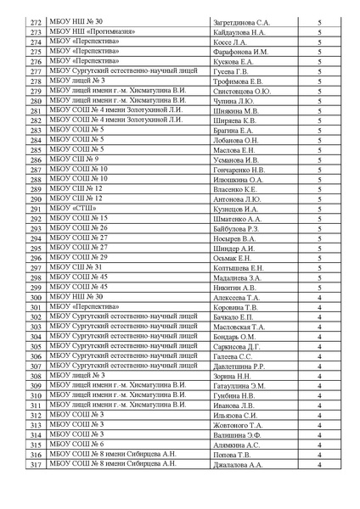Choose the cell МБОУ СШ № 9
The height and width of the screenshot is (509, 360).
pyautogui.click(x=74, y=159)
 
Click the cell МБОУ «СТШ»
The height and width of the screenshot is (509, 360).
pyautogui.click(x=72, y=208)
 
